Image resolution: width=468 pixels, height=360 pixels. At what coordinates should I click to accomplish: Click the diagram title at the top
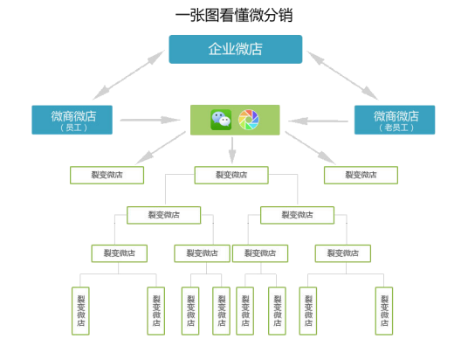[x=233, y=15]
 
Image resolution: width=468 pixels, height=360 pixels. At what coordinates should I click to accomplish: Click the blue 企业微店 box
[x=235, y=49]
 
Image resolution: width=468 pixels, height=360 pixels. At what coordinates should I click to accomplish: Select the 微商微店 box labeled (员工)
[x=73, y=120]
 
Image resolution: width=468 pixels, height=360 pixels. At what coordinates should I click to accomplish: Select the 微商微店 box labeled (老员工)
[x=395, y=120]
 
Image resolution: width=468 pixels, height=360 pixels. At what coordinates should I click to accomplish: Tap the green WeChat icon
[x=222, y=120]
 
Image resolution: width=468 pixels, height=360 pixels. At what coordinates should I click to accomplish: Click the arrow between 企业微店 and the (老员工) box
[x=341, y=75]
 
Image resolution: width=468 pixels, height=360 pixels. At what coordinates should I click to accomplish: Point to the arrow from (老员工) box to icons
[x=320, y=120]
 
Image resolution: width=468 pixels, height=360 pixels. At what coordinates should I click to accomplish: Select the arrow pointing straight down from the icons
[x=232, y=149]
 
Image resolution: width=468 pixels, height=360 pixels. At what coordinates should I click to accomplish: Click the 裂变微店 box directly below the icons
[x=231, y=175]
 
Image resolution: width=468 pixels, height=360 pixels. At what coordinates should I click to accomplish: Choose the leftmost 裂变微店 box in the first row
[x=107, y=175]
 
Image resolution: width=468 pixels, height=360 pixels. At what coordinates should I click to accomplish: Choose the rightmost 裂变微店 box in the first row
[x=361, y=175]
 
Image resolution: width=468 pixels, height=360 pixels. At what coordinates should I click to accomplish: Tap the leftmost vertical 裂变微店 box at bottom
[x=81, y=310]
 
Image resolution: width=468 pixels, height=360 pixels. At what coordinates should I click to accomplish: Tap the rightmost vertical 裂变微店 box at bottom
[x=385, y=310]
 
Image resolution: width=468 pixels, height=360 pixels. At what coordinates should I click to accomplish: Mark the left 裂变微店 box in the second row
[x=163, y=214]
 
